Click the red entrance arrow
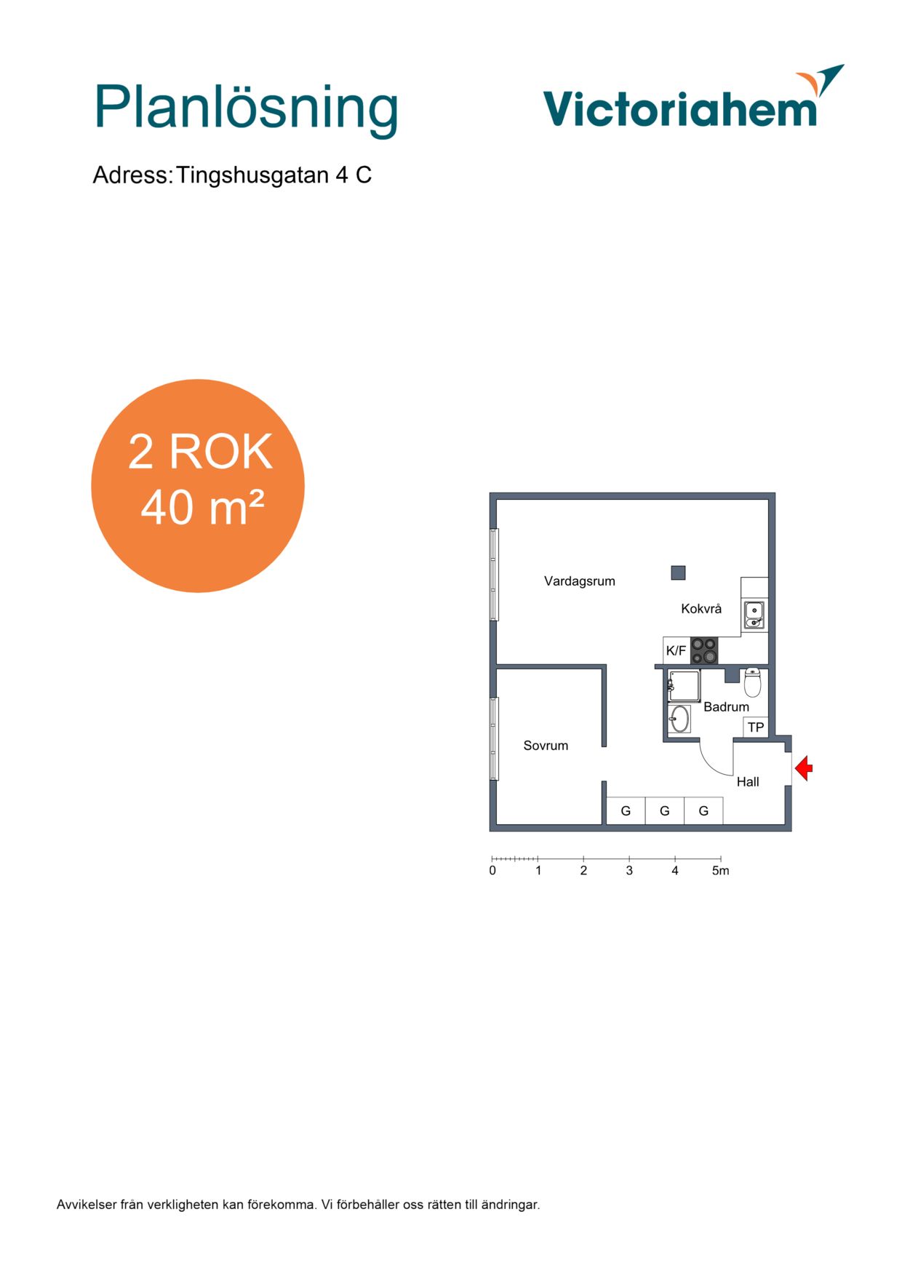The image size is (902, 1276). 804,768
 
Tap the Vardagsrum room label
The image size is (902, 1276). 580,581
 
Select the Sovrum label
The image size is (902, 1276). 546,746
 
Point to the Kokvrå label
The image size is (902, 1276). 701,609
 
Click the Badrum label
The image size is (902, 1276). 726,707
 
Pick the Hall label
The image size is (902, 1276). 748,782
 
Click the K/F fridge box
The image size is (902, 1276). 676,650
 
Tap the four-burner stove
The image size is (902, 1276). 704,650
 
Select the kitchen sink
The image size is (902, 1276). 754,615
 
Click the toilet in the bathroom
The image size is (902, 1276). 752,682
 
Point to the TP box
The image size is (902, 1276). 756,727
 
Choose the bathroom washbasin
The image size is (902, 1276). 679,719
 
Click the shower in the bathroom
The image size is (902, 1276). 684,686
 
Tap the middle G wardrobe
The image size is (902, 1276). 665,811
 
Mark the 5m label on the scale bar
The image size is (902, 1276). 720,871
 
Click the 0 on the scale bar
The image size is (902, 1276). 492,871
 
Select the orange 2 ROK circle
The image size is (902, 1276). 198,486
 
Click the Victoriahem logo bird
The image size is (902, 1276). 821,79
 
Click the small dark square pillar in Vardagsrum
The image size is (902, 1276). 679,573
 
